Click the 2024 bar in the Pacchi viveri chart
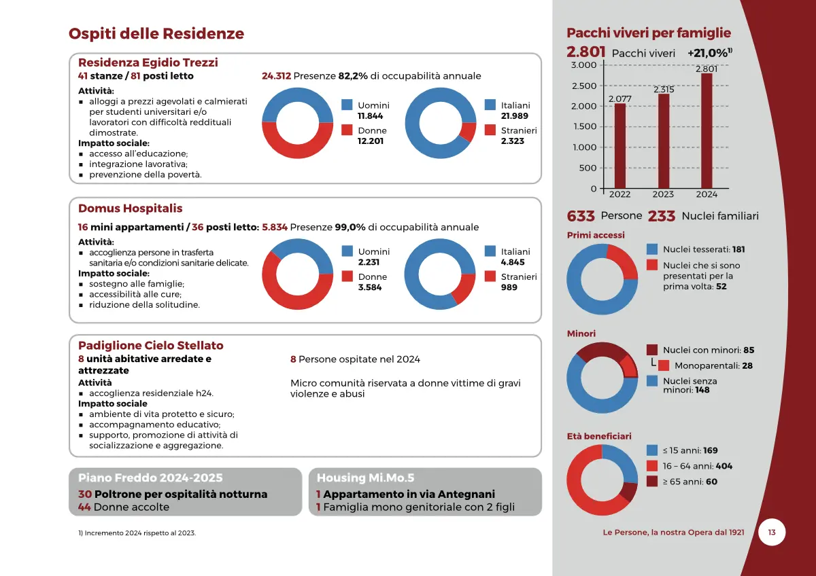707,130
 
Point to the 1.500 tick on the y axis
584,126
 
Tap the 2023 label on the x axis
663,194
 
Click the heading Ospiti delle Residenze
156,33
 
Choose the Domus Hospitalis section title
131,209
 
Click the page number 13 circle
772,533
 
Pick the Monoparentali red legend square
664,365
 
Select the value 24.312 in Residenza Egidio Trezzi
276,76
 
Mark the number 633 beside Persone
581,216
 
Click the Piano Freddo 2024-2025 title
150,478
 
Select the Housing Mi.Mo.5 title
365,478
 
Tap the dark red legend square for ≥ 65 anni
652,482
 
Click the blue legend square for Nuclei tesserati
652,249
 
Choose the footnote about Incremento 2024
137,533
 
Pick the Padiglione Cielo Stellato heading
151,346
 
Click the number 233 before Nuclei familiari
661,216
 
